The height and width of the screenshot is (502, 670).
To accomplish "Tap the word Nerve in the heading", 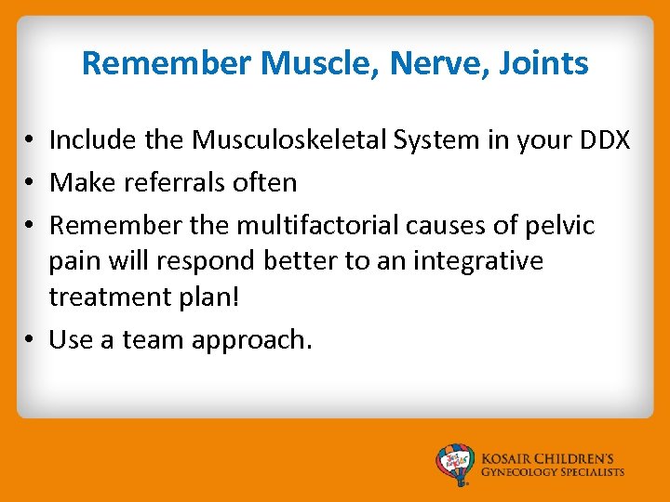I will [422, 63].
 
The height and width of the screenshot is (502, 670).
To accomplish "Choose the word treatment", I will [109, 297].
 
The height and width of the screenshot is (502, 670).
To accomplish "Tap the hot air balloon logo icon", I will [456, 464].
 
